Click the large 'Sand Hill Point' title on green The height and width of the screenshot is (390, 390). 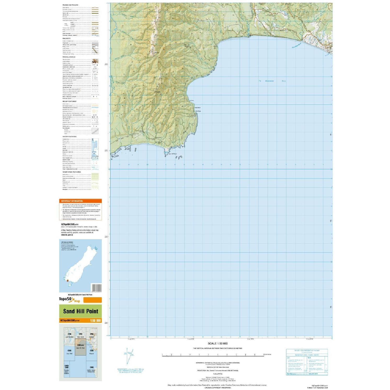pos(81,311)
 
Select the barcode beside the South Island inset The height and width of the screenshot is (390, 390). pos(96,288)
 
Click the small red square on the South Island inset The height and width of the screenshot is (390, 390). pos(67,280)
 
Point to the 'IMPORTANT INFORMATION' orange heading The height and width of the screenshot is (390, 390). pos(72,201)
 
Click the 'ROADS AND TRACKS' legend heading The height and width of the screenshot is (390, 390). pos(70,5)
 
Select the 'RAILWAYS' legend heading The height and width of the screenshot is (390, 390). pos(66,38)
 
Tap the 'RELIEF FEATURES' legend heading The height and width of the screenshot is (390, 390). pos(69,101)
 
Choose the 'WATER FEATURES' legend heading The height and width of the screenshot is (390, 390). pos(69,136)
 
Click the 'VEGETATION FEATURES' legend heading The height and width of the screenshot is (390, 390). pos(71,172)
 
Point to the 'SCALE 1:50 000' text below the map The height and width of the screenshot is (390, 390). pos(217,343)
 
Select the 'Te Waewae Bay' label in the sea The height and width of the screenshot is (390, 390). pos(272,81)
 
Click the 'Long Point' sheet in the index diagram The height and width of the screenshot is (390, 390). pos(69,352)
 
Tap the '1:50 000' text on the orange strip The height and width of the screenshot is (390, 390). pos(95,320)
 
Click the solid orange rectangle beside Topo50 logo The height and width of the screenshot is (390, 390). pos(92,300)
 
